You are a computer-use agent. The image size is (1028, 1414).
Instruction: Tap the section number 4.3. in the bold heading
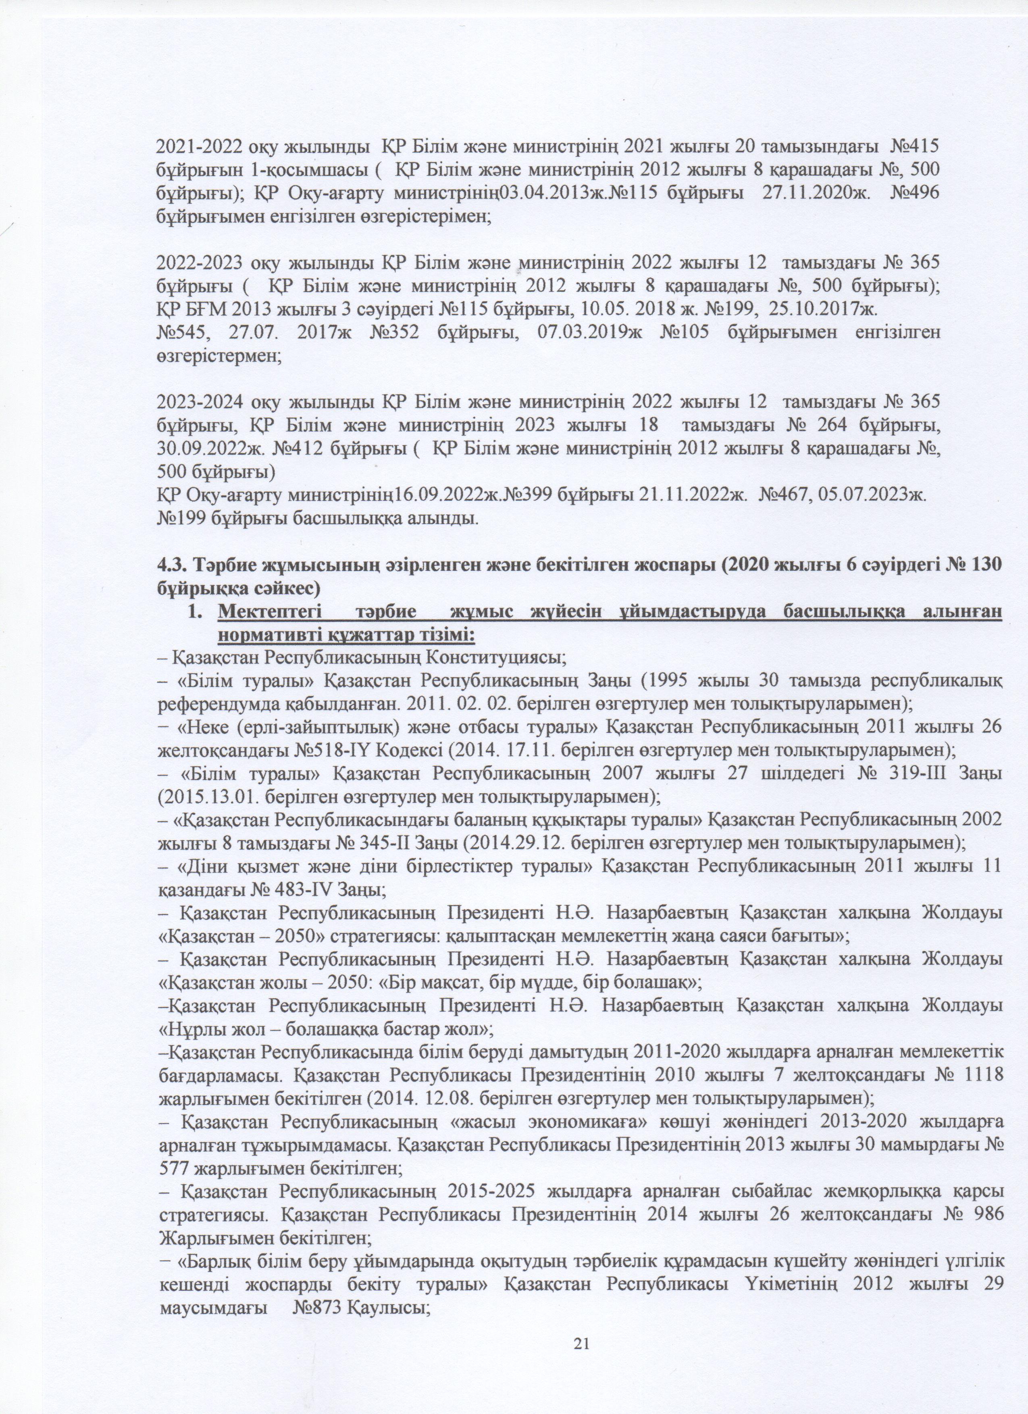pos(170,565)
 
